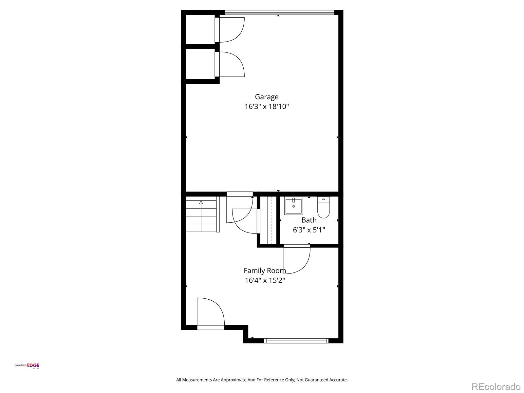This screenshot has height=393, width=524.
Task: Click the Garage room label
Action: (x=267, y=97)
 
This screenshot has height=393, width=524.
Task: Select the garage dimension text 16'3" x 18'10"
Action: (x=267, y=106)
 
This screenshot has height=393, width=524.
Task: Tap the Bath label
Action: (x=309, y=220)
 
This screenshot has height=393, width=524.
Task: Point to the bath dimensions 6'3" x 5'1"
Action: (x=309, y=230)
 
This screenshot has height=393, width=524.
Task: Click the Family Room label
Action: (x=265, y=271)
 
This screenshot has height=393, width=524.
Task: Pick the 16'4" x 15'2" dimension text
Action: (x=265, y=280)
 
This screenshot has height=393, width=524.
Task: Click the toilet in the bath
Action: (x=323, y=208)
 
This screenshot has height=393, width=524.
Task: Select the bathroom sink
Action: (x=293, y=206)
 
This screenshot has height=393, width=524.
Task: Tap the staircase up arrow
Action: (x=201, y=203)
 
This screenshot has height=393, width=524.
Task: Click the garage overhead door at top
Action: (x=279, y=12)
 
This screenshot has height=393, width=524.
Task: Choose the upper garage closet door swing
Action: (x=231, y=29)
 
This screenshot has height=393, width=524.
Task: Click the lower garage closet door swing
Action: (x=231, y=65)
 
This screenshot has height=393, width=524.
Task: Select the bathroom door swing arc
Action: (x=297, y=260)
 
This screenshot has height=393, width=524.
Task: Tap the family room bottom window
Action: (x=296, y=341)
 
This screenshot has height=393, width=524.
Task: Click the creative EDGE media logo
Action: (x=27, y=366)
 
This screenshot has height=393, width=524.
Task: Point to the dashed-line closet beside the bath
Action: (x=269, y=220)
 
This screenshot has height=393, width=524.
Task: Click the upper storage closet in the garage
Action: (x=200, y=29)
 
